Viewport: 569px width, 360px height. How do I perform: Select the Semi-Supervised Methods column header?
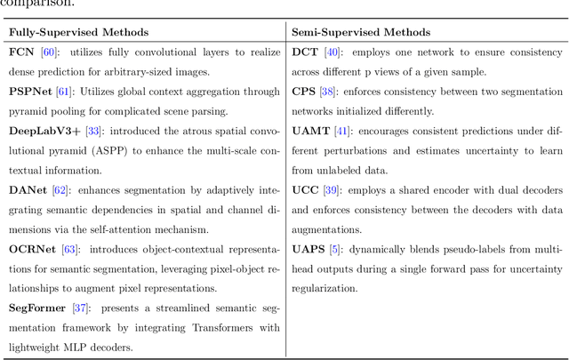pyautogui.click(x=356, y=32)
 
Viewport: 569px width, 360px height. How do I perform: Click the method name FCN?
pyautogui.click(x=22, y=52)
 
